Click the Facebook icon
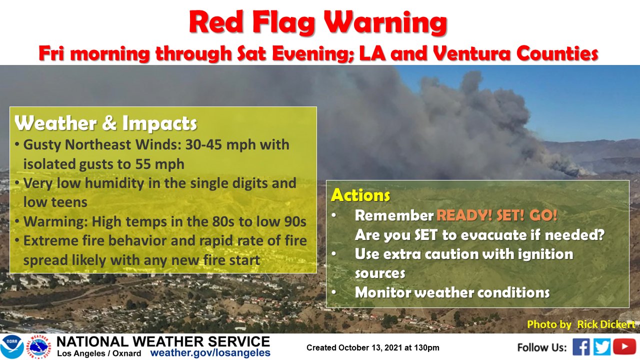[581, 347]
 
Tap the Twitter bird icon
[602, 347]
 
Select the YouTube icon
[624, 347]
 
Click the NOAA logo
[12, 347]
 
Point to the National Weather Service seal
[39, 347]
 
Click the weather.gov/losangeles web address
[210, 353]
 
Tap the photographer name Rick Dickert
[606, 324]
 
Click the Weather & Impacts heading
[105, 123]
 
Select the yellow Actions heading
[360, 195]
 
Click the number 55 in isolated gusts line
[143, 164]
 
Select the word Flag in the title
[283, 23]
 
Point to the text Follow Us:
[542, 347]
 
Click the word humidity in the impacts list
[114, 183]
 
